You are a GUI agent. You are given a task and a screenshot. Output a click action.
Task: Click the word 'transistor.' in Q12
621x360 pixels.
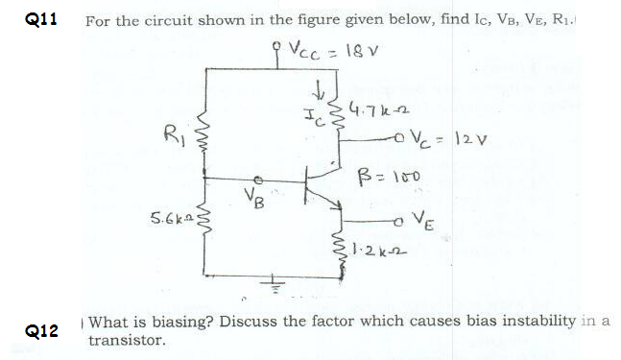(127, 340)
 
